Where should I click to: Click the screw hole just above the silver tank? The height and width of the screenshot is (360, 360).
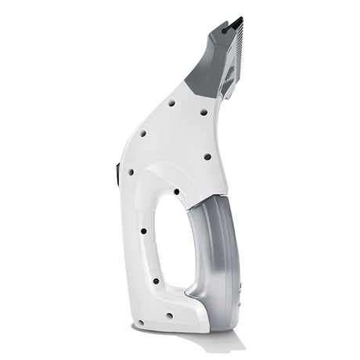pyautogui.click(x=207, y=157)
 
